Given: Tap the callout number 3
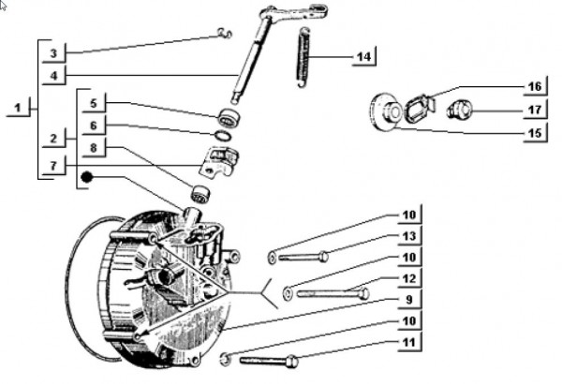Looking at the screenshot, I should (x=54, y=52).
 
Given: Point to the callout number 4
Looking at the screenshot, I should (x=54, y=74).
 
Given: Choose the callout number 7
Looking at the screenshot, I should (x=54, y=166).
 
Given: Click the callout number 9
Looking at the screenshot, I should (x=408, y=300).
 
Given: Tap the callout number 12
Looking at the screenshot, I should (x=408, y=278).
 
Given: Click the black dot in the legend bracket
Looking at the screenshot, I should (x=85, y=175).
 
